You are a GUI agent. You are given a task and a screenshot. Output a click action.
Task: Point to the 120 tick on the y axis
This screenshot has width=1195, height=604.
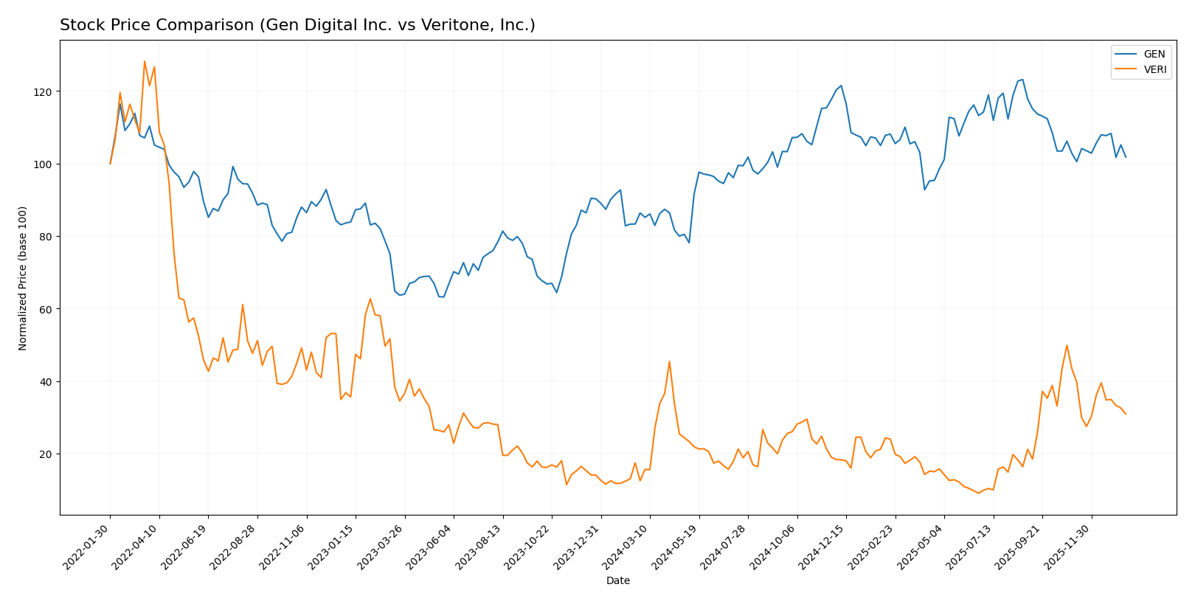pyautogui.click(x=46, y=91)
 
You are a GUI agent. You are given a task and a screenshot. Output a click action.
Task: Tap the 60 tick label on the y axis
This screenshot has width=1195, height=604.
pyautogui.click(x=46, y=309)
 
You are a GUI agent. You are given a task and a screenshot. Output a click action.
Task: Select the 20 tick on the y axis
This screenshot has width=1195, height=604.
pyautogui.click(x=46, y=454)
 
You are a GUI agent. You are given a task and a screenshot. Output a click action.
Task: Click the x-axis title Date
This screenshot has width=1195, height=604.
pyautogui.click(x=618, y=581)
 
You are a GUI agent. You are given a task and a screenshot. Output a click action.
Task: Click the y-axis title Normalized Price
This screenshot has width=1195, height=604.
pyautogui.click(x=23, y=278)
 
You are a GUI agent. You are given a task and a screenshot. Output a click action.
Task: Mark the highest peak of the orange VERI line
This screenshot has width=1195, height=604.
pyautogui.click(x=145, y=61)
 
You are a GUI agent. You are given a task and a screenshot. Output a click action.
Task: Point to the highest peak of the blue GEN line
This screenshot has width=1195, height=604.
pyautogui.click(x=1022, y=80)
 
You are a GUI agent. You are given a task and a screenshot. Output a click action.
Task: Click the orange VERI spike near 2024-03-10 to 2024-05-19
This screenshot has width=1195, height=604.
pyautogui.click(x=669, y=361)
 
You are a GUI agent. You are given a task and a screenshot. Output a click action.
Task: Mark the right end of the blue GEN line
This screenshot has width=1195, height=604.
pyautogui.click(x=1126, y=157)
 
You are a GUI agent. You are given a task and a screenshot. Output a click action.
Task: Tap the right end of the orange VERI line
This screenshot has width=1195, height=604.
pyautogui.click(x=1126, y=414)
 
